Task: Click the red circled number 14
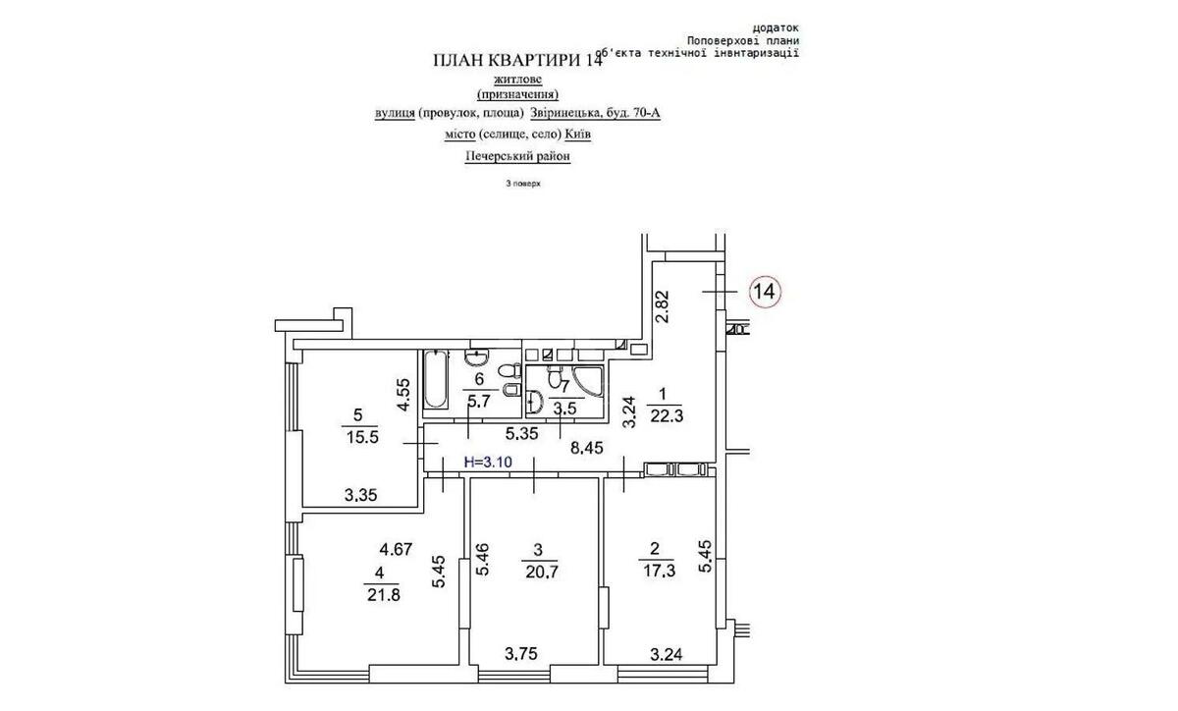click(x=765, y=291)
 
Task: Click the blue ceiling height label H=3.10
click(x=488, y=461)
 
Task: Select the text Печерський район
click(x=517, y=155)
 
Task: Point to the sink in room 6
click(x=478, y=355)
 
